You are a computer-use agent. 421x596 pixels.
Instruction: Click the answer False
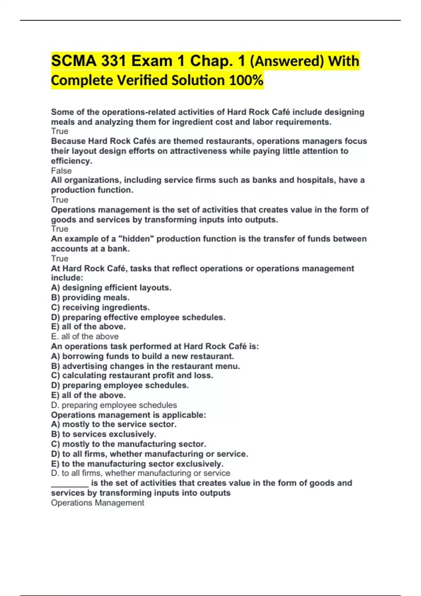[61, 171]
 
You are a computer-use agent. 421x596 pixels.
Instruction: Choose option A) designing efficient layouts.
[111, 288]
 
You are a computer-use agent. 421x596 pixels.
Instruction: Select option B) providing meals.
[90, 298]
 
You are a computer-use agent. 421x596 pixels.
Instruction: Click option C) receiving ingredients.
[100, 307]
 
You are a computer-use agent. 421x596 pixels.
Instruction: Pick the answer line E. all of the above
[85, 337]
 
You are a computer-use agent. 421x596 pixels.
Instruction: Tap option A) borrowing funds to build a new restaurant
[142, 357]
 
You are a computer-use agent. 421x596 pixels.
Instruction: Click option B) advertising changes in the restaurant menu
[146, 366]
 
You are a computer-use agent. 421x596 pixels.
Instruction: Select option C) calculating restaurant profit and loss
[132, 375]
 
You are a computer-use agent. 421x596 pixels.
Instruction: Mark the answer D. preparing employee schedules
[114, 405]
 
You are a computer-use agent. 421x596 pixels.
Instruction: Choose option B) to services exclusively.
[103, 434]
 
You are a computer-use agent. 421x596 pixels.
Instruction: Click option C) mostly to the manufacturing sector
[128, 444]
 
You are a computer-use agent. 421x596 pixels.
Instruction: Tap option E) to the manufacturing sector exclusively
[137, 464]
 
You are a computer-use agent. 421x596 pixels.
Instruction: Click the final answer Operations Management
[98, 503]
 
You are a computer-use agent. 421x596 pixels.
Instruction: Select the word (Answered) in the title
[287, 61]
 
